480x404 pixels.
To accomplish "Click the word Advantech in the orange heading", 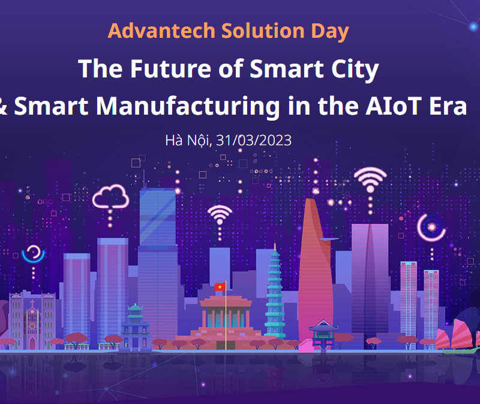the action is click(161, 31).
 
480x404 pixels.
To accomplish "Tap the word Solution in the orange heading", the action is click(263, 31).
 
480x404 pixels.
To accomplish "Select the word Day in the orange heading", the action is click(330, 32).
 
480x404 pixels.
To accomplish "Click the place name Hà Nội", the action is click(188, 140).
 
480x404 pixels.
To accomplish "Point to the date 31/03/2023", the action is click(254, 140).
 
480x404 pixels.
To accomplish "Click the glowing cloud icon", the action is click(111, 197).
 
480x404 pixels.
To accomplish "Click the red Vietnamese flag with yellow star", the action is click(220, 287).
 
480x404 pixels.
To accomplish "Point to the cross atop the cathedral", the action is click(32, 304).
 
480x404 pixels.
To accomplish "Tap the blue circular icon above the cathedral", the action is click(34, 254).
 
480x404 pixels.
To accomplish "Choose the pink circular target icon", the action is click(431, 228).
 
